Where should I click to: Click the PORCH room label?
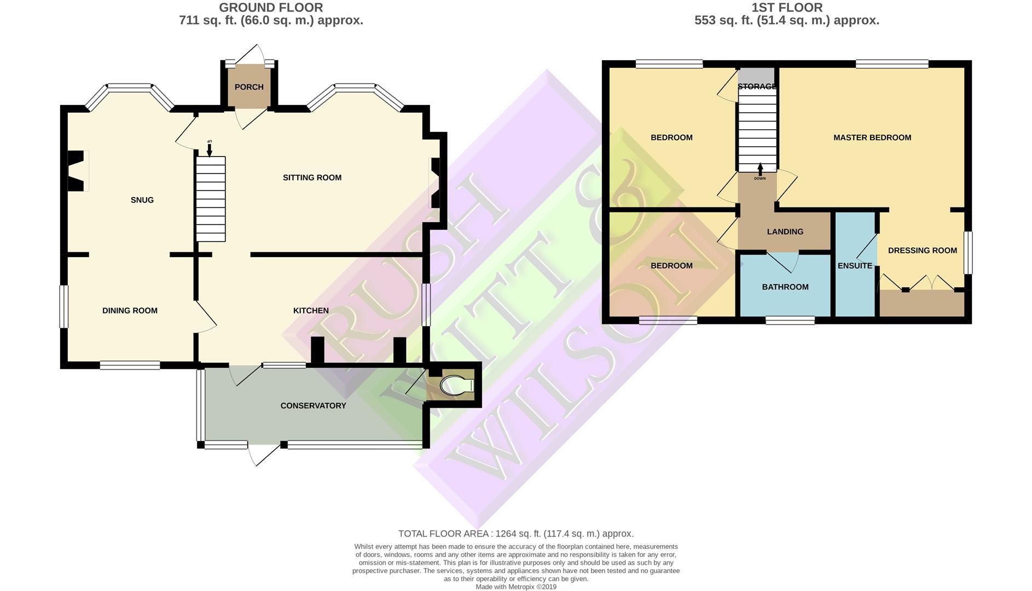point(249,87)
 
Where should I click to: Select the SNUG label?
point(142,200)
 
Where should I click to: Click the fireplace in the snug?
point(76,171)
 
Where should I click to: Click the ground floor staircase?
point(211,199)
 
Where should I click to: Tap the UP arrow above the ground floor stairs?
point(209,148)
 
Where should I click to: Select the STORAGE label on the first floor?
point(757,86)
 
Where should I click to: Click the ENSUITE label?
point(855,266)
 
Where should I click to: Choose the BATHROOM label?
point(785,287)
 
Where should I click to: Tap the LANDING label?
point(785,232)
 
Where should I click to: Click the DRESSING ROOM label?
point(923,251)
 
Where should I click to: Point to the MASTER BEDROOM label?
point(872,138)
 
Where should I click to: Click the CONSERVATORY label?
point(313,406)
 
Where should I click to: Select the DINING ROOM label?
point(130,311)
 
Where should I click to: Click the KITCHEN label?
point(311,311)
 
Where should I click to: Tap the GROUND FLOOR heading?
point(271,8)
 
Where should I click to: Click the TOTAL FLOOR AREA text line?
point(515,534)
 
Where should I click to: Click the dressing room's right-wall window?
point(967,252)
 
